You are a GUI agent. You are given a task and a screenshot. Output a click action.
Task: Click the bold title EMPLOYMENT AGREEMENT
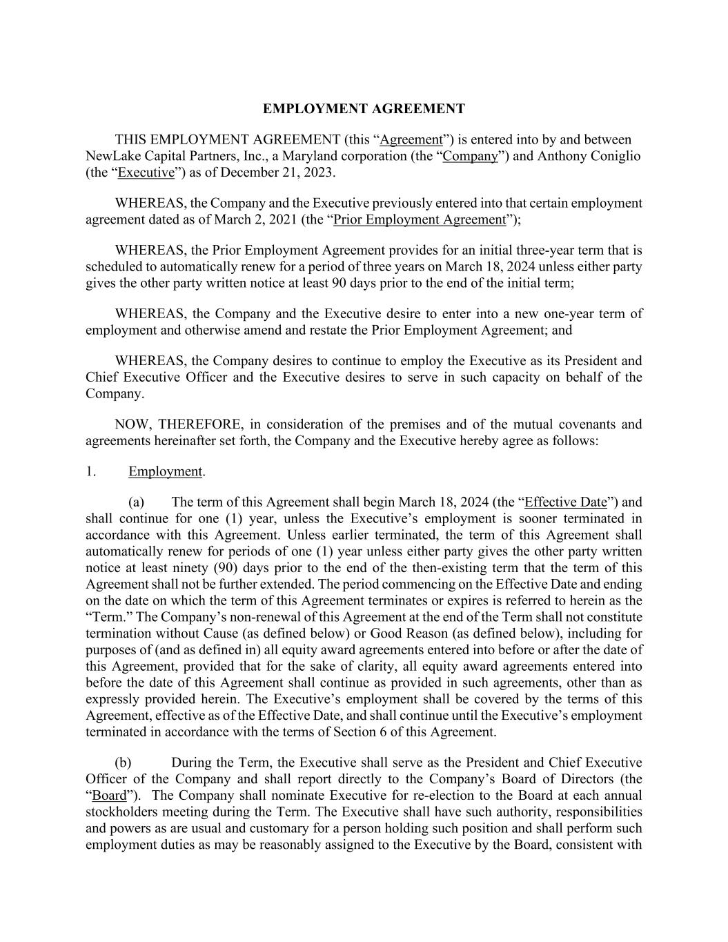tap(364, 109)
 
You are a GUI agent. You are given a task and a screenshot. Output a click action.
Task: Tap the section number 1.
tap(90, 472)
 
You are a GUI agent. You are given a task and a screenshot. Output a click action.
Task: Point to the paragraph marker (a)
tap(136, 502)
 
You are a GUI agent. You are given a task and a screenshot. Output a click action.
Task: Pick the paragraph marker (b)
tap(123, 763)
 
